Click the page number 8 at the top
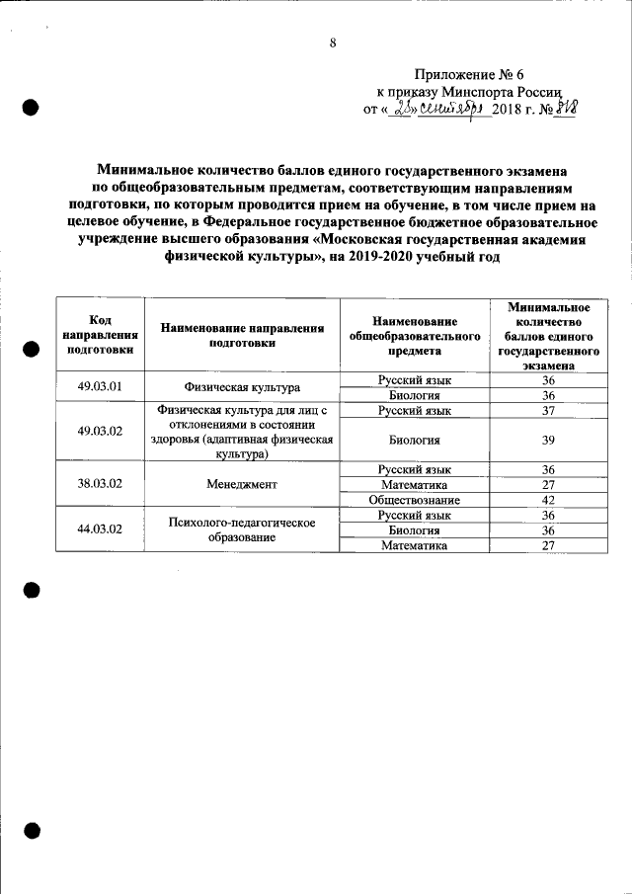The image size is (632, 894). [333, 42]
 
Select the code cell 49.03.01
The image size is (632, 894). [100, 386]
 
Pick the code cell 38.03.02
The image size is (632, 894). [100, 484]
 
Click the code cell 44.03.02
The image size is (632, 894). [100, 529]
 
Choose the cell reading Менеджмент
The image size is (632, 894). [242, 484]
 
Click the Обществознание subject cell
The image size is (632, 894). [414, 500]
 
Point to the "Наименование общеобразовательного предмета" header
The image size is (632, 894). [414, 335]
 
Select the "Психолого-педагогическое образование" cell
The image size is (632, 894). [242, 529]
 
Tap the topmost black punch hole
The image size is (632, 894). [31, 107]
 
